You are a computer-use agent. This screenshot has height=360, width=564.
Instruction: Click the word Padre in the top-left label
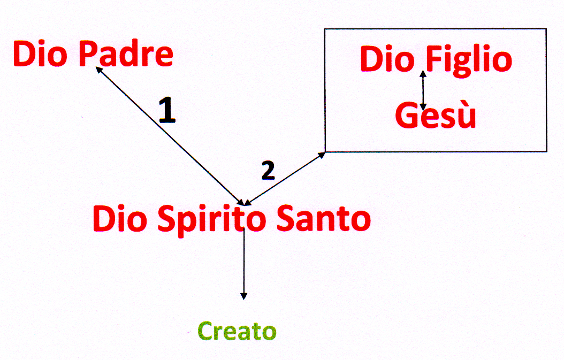tap(126, 55)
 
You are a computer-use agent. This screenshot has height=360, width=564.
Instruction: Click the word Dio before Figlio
tap(387, 59)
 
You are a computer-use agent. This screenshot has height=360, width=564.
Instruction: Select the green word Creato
tap(237, 332)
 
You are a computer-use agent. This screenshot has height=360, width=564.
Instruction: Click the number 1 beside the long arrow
tap(167, 111)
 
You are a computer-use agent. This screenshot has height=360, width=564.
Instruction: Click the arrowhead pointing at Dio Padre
tap(98, 69)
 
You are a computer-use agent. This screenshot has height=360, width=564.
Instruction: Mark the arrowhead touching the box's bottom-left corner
tap(322, 154)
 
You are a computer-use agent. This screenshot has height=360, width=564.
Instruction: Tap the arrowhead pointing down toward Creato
tap(244, 296)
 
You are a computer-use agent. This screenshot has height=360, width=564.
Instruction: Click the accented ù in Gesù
tap(466, 117)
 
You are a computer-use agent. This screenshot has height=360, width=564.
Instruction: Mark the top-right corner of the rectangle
tap(546, 29)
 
